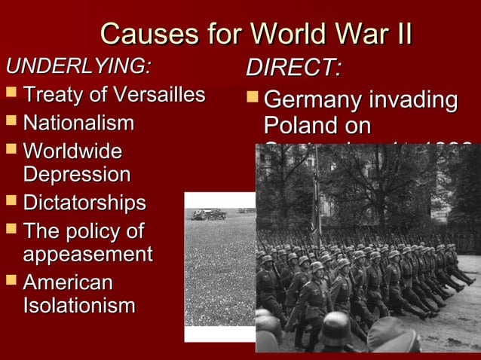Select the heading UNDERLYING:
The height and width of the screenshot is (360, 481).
[78, 66]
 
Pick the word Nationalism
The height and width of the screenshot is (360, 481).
[78, 122]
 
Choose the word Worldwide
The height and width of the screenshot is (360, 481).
[72, 150]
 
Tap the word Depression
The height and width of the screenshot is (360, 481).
[77, 175]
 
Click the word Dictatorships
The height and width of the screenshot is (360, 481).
[84, 203]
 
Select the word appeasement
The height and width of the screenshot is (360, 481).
[87, 254]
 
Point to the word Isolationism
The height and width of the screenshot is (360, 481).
[79, 307]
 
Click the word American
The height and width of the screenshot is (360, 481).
[68, 282]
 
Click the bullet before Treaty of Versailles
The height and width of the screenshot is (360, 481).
[10, 95]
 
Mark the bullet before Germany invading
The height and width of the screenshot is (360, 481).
[252, 100]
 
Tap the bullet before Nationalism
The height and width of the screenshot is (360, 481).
[10, 123]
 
